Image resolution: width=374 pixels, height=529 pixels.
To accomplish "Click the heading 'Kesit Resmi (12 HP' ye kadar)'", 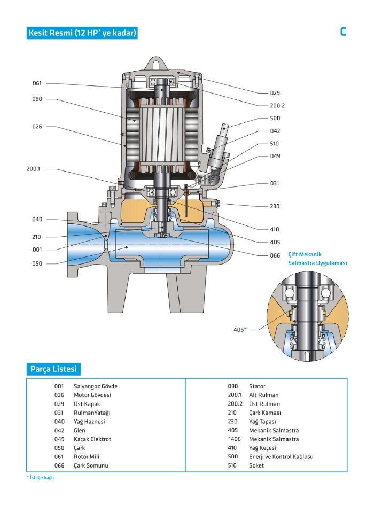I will point(82,33).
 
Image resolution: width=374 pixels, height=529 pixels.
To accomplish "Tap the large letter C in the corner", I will point(343,32).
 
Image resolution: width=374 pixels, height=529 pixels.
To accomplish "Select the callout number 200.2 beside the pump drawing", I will point(277,105).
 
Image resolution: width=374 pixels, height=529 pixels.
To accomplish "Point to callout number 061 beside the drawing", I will point(37,83).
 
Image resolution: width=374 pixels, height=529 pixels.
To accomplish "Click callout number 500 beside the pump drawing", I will point(275,118).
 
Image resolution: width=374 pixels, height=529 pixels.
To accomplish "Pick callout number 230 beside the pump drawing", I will point(275,206).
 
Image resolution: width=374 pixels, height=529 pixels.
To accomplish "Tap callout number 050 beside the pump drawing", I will point(37,263).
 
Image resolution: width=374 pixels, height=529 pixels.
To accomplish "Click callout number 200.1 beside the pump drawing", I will point(34,169).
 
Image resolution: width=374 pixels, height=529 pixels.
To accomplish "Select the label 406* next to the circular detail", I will point(240,330).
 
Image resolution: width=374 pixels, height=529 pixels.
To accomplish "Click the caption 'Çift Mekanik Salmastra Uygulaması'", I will point(318,259).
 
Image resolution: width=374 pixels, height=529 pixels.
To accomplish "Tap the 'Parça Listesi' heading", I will point(53,369).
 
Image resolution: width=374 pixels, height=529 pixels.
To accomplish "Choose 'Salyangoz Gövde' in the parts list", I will point(96,386).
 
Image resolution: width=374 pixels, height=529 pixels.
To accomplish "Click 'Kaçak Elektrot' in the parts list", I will point(92,439).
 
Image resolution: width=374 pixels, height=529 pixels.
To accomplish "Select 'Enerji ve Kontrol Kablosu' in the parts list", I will point(281,457).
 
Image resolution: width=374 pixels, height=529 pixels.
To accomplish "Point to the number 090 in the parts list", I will point(232,386).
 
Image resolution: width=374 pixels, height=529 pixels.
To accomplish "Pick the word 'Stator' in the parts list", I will point(257,386).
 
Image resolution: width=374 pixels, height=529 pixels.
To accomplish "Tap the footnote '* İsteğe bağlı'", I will point(41,478).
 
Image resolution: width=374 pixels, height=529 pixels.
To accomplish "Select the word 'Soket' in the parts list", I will point(256,465).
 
